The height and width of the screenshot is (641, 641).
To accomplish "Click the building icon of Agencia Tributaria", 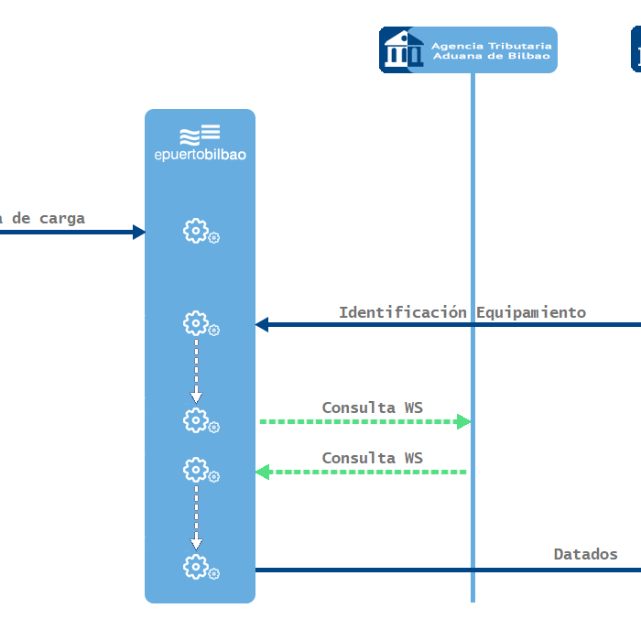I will tap(399, 49).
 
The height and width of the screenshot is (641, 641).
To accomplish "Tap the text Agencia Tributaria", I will tap(492, 45).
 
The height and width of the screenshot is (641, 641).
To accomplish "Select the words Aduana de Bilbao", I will tap(492, 56).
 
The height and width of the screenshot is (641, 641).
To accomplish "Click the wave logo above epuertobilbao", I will tap(200, 135).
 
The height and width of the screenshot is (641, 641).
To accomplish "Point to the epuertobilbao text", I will tap(200, 155).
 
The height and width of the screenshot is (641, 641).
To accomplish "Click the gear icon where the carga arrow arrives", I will tap(196, 231).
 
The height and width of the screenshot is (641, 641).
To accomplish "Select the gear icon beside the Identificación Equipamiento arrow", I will tap(196, 323).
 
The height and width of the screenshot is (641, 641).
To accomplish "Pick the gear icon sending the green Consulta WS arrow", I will tap(196, 420).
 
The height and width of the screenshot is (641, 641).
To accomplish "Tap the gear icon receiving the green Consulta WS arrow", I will tap(196, 471).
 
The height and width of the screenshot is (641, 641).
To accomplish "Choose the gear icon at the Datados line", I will tap(196, 568).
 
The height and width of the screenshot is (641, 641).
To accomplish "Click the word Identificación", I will tap(404, 312).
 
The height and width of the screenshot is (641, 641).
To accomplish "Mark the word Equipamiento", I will tap(531, 312).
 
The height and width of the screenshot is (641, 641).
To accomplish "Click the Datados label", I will tap(585, 554).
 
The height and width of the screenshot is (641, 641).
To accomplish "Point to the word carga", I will tap(62, 218).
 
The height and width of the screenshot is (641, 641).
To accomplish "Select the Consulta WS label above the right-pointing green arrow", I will tap(372, 407).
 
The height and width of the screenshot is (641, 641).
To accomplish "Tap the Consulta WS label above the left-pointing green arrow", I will tap(372, 458).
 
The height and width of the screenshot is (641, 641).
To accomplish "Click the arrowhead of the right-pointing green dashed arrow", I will tap(463, 421).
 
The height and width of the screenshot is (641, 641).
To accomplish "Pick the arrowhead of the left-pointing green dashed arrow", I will tap(262, 472).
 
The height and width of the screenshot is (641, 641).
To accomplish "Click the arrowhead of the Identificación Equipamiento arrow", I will tap(262, 324).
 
